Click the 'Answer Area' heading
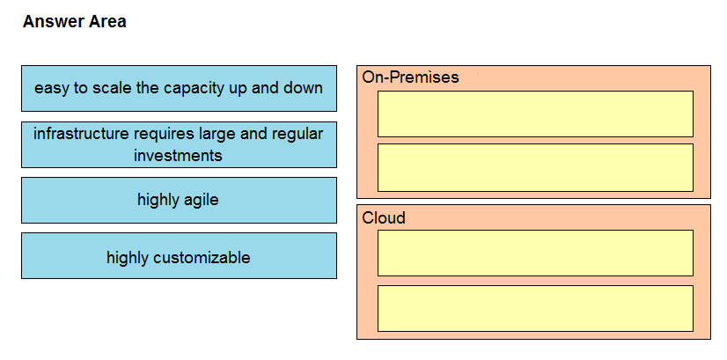74,22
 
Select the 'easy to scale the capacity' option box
179,88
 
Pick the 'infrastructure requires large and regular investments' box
179,144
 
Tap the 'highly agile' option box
179,200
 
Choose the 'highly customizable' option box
179,255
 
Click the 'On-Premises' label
410,77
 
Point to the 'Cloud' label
384,217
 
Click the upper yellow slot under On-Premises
535,114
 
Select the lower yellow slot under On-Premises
535,167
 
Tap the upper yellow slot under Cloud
535,253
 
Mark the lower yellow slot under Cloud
535,308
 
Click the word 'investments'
178,155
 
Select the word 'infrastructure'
81,134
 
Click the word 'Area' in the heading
107,22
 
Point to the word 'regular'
297,135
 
